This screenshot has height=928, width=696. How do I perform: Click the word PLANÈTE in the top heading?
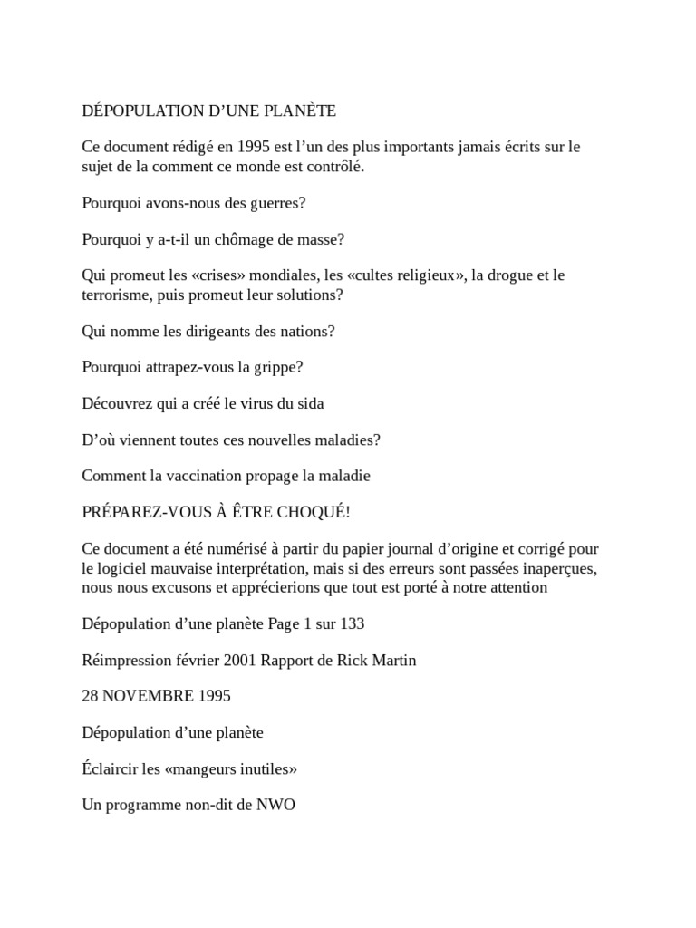pyautogui.click(x=298, y=111)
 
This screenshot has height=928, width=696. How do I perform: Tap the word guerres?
pyautogui.click(x=275, y=202)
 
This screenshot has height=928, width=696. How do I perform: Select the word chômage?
pyautogui.click(x=237, y=239)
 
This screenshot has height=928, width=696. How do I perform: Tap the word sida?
pyautogui.click(x=309, y=404)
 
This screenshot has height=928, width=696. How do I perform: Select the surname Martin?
pyautogui.click(x=391, y=660)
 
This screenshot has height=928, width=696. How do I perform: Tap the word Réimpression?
pyautogui.click(x=125, y=660)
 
